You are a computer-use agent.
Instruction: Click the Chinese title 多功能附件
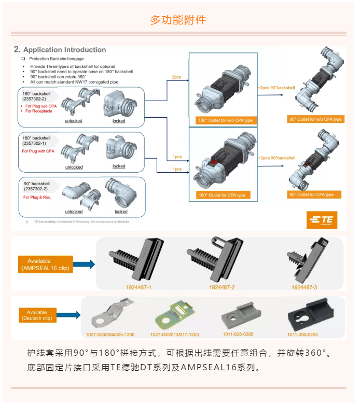[178, 20]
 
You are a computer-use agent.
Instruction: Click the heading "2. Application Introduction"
[60, 50]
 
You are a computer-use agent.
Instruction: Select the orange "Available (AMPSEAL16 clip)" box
[45, 264]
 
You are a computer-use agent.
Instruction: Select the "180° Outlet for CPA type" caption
[222, 195]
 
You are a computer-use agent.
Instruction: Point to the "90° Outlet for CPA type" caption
[315, 194]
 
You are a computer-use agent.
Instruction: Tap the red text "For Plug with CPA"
[38, 151]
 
